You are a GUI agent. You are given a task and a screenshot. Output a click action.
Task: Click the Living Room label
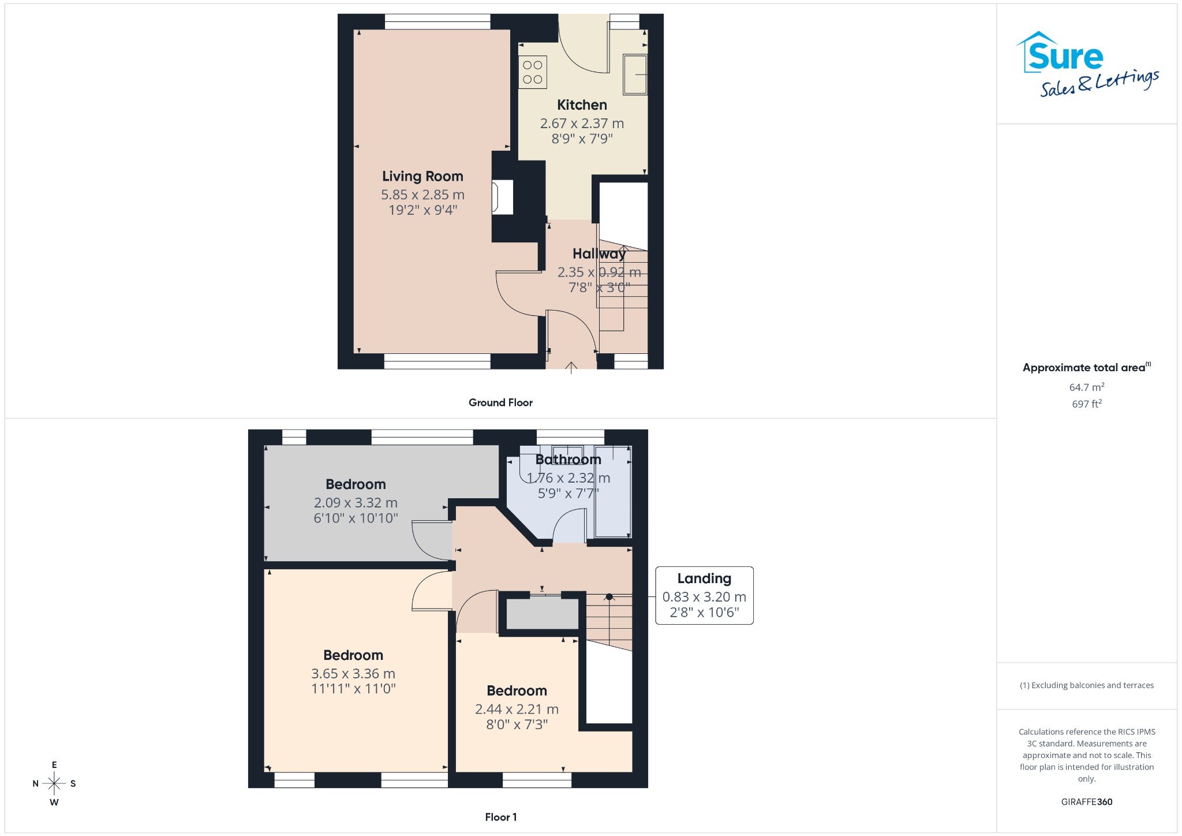(422, 176)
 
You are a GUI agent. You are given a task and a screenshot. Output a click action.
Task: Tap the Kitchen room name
(582, 105)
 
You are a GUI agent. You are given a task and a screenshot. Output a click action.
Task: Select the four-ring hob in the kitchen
(533, 72)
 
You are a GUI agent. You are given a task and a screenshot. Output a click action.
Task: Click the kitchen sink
(635, 74)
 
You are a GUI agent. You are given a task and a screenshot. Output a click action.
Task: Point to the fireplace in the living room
(502, 197)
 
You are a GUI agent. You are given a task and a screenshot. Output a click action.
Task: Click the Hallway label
(599, 253)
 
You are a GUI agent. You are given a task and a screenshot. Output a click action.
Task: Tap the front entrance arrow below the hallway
(571, 368)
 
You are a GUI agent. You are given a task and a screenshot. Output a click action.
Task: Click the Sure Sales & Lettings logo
(1087, 64)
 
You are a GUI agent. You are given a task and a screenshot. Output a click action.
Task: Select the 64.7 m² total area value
(1087, 387)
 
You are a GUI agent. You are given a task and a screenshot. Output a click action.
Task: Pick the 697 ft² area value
(1087, 404)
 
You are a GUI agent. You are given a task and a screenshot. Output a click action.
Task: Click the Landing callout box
(704, 595)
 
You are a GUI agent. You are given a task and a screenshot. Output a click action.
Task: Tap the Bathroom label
(568, 460)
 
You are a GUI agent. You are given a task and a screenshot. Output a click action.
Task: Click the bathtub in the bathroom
(613, 492)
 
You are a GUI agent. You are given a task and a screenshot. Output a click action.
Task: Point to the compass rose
(54, 783)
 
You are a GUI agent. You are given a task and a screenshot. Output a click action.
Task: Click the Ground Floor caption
(500, 402)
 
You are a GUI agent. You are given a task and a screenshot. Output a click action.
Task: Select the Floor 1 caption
(501, 817)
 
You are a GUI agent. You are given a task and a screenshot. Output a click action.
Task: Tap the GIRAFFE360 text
(1087, 801)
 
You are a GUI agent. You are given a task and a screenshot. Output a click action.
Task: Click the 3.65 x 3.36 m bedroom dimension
(353, 673)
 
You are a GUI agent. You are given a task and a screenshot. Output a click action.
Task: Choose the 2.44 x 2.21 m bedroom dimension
(517, 709)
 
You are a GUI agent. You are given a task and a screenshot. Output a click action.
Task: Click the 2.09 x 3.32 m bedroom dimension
(356, 502)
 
